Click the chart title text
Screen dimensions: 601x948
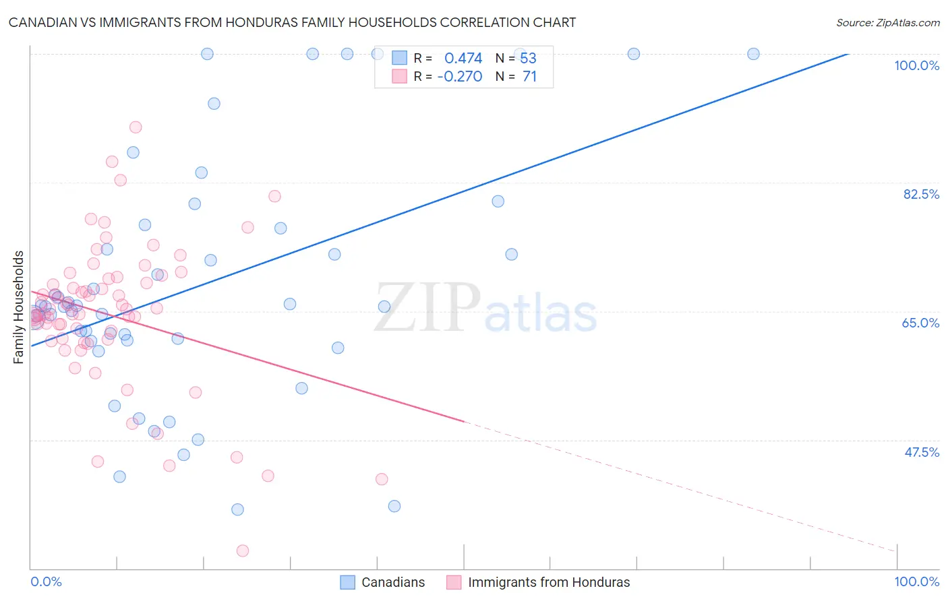point(292,22)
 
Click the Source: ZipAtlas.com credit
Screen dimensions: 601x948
point(887,22)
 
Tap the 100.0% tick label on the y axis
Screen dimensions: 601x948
point(916,65)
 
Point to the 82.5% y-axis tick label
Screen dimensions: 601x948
point(920,194)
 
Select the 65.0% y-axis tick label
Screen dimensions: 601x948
point(920,323)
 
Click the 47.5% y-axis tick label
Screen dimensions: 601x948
point(921,452)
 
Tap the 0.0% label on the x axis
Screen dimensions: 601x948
point(46,581)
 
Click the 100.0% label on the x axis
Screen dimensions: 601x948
point(916,581)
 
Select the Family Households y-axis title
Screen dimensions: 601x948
point(19,307)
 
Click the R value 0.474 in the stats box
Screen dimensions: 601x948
point(463,58)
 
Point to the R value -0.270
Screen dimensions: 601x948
point(460,77)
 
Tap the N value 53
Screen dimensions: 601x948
point(528,58)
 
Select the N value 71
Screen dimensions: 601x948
point(529,77)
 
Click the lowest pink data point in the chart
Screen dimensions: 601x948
point(243,550)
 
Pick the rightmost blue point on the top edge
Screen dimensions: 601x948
point(753,54)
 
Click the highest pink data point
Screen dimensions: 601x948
point(136,127)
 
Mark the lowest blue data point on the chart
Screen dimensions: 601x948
point(237,509)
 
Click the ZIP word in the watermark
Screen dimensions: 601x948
point(427,307)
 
